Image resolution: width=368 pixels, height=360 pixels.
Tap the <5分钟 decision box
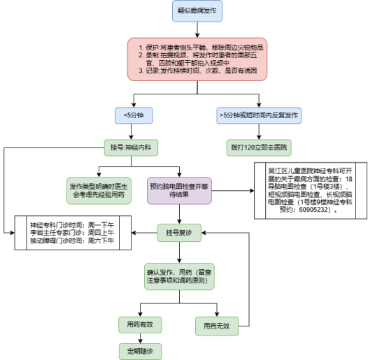click(134, 114)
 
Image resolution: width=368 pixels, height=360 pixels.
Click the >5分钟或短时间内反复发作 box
click(259, 114)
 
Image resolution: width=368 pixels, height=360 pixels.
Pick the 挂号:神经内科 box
click(134, 148)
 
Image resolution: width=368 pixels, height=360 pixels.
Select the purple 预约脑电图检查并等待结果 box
click(179, 189)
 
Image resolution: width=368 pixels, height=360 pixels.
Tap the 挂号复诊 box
click(179, 233)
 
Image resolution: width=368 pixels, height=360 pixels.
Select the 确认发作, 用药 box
click(179, 276)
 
